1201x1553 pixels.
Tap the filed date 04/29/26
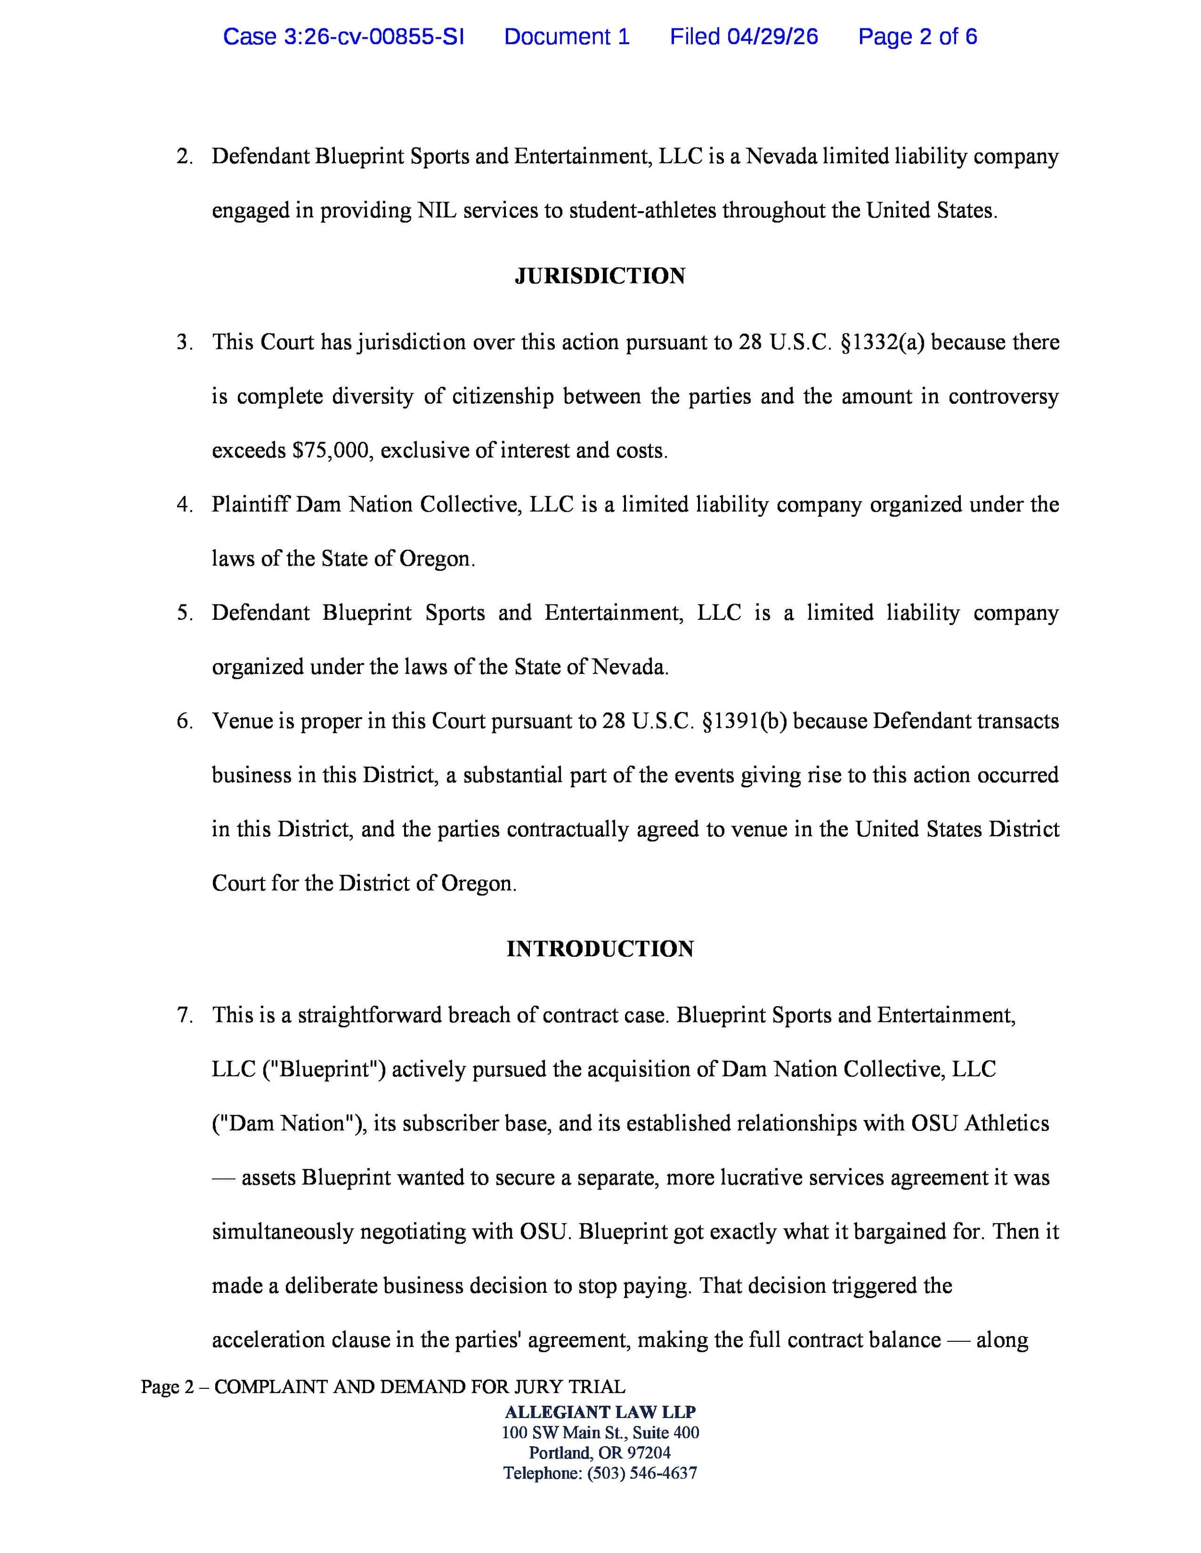click(772, 36)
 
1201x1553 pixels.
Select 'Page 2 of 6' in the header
click(917, 36)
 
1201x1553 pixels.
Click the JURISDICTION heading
click(600, 276)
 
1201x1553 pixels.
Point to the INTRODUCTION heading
click(600, 949)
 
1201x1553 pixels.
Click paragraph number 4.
click(184, 505)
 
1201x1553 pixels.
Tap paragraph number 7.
click(184, 1015)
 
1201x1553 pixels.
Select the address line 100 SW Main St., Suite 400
click(600, 1432)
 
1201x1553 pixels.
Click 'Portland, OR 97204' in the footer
click(600, 1452)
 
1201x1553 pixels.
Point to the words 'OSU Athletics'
click(980, 1123)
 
